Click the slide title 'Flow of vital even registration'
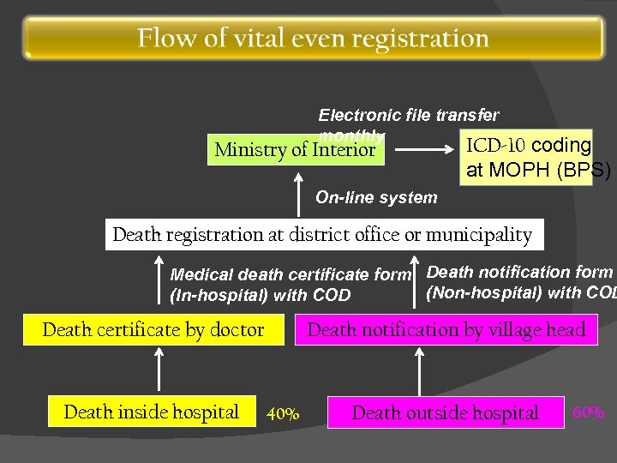click(314, 39)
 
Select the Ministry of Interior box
click(295, 149)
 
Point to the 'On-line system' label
click(376, 198)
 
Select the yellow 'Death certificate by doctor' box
click(153, 330)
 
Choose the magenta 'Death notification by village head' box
click(446, 330)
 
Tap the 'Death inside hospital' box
click(153, 412)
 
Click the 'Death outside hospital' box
click(446, 413)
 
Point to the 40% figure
click(284, 415)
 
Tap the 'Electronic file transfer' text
click(409, 115)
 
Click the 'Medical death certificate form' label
click(291, 275)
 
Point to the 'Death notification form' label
click(519, 273)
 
